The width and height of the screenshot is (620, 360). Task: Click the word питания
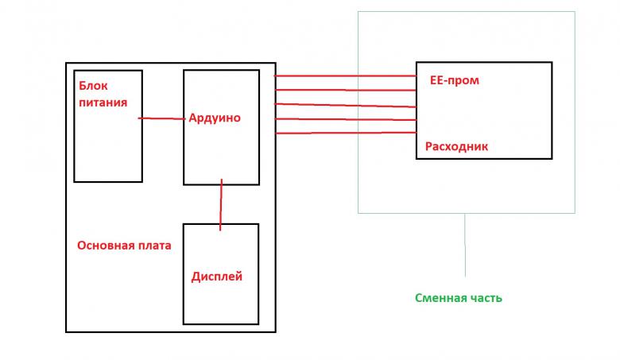pos(103,103)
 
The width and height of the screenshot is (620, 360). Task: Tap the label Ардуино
pos(215,118)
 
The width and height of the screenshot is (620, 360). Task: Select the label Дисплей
pos(217,277)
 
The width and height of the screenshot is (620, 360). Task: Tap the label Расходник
pos(456,146)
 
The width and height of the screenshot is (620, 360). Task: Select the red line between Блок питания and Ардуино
pos(162,118)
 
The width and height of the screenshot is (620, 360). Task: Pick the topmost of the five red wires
pos(345,76)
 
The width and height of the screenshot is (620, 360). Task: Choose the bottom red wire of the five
pos(345,133)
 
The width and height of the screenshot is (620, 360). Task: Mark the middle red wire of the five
pos(345,105)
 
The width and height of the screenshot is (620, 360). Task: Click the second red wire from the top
pos(345,91)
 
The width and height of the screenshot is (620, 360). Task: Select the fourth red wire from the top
pos(345,119)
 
